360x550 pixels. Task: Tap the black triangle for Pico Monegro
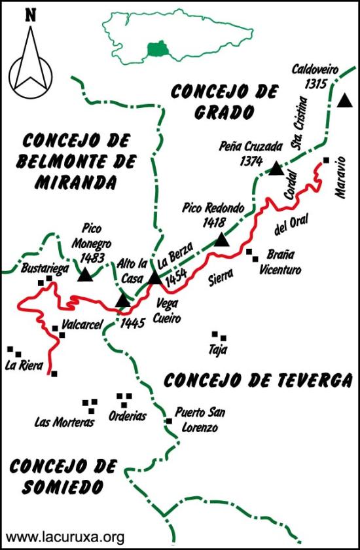(x=85, y=274)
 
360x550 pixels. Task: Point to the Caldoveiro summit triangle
(x=344, y=100)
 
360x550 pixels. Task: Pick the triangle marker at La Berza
(x=154, y=278)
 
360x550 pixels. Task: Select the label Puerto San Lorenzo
(x=196, y=420)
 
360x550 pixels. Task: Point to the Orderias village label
(x=128, y=416)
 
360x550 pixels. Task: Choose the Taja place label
(x=218, y=350)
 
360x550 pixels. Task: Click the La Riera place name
(x=24, y=365)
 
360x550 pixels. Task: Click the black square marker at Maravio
(x=326, y=160)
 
